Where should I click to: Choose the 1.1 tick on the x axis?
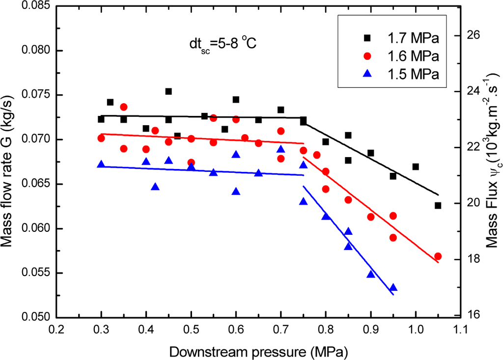click(x=460, y=332)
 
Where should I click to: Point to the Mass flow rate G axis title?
click(x=11, y=162)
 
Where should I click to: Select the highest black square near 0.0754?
click(x=168, y=91)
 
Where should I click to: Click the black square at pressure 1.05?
click(x=438, y=205)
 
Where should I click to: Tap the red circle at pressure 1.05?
click(x=438, y=256)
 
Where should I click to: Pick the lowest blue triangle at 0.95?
click(x=393, y=288)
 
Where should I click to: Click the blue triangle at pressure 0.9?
click(x=371, y=274)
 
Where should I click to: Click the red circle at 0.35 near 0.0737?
click(x=124, y=107)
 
